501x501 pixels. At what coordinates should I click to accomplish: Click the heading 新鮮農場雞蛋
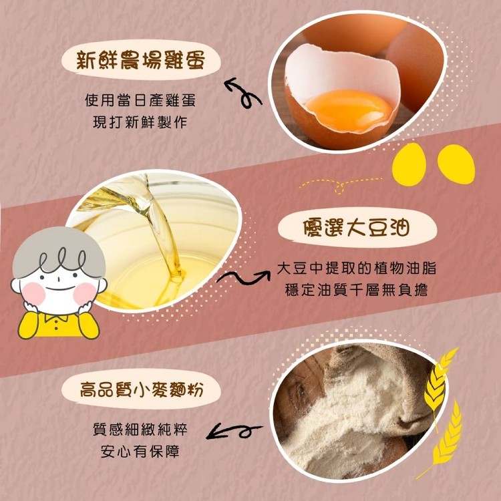140,59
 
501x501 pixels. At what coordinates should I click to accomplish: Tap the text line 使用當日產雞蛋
140,100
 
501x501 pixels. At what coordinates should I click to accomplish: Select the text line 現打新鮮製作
140,122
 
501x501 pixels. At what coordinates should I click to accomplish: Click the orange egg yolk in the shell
349,110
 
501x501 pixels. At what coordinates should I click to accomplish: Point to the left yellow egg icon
409,164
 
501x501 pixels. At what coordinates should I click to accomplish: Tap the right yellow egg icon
456,164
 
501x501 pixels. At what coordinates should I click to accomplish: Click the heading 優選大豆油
356,228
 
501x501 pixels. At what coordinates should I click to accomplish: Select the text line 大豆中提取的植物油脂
356,269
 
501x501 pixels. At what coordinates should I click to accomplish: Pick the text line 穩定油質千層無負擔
356,290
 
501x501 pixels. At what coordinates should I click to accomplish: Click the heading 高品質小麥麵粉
141,389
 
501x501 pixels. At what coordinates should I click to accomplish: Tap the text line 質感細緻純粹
140,430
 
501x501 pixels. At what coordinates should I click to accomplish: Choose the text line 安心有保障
140,452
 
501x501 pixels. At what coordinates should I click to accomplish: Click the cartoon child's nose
59,277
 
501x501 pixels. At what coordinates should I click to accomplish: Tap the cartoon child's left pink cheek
33,293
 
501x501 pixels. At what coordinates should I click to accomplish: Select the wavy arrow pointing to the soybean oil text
243,277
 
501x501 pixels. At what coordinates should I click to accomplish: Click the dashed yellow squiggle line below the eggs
339,185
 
